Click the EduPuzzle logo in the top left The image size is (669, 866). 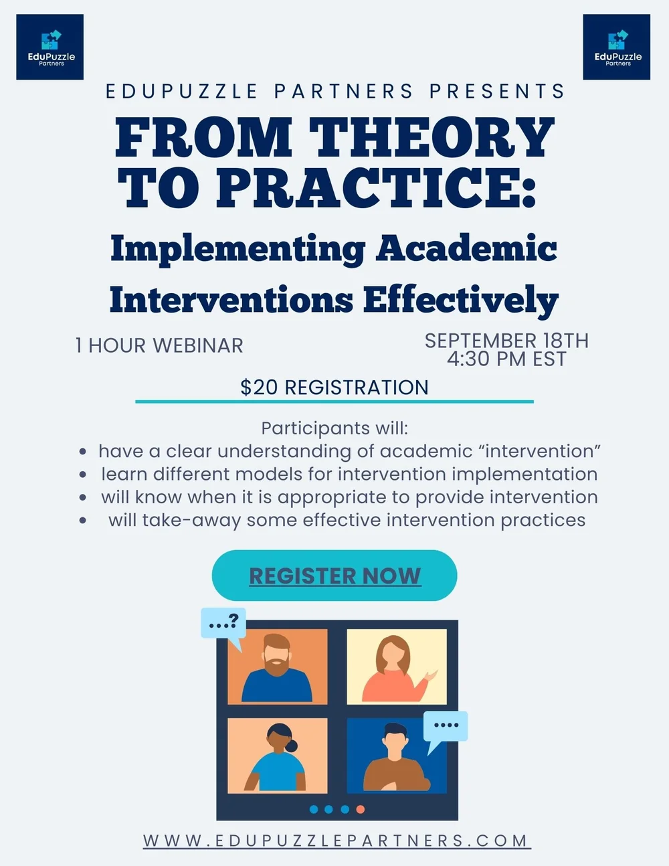click(x=50, y=47)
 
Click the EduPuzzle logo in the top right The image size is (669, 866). click(x=617, y=47)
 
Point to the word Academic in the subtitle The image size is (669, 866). click(x=466, y=248)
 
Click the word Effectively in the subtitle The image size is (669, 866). click(x=461, y=299)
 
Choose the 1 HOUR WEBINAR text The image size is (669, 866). click(x=159, y=345)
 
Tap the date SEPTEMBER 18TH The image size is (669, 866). click(x=506, y=341)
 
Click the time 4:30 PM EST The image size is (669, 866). click(x=506, y=359)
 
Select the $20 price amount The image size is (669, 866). click(x=254, y=387)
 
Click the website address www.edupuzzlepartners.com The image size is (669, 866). click(x=337, y=841)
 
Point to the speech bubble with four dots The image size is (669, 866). click(x=446, y=725)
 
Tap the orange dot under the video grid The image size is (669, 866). click(x=361, y=809)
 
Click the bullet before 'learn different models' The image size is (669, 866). click(x=82, y=474)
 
